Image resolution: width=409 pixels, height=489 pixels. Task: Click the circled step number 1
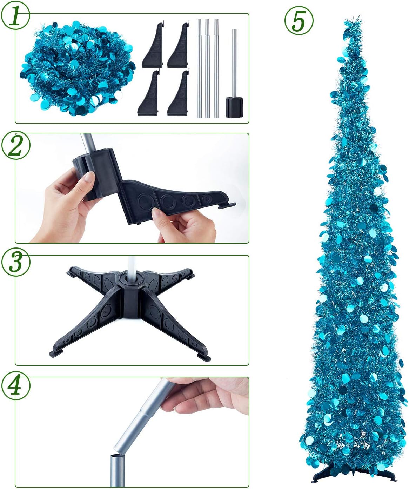pyautogui.click(x=15, y=15)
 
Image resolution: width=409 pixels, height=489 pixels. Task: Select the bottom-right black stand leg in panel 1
pyautogui.click(x=178, y=95)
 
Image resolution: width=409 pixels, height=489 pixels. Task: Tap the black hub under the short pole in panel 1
pyautogui.click(x=234, y=107)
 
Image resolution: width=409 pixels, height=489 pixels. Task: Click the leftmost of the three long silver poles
pyautogui.click(x=199, y=68)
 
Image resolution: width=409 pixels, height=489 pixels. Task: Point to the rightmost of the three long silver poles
pyautogui.click(x=216, y=68)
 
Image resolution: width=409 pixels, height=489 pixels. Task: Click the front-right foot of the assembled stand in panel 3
pyautogui.click(x=204, y=356)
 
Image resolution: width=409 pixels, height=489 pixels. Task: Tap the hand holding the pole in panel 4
pyautogui.click(x=207, y=395)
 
